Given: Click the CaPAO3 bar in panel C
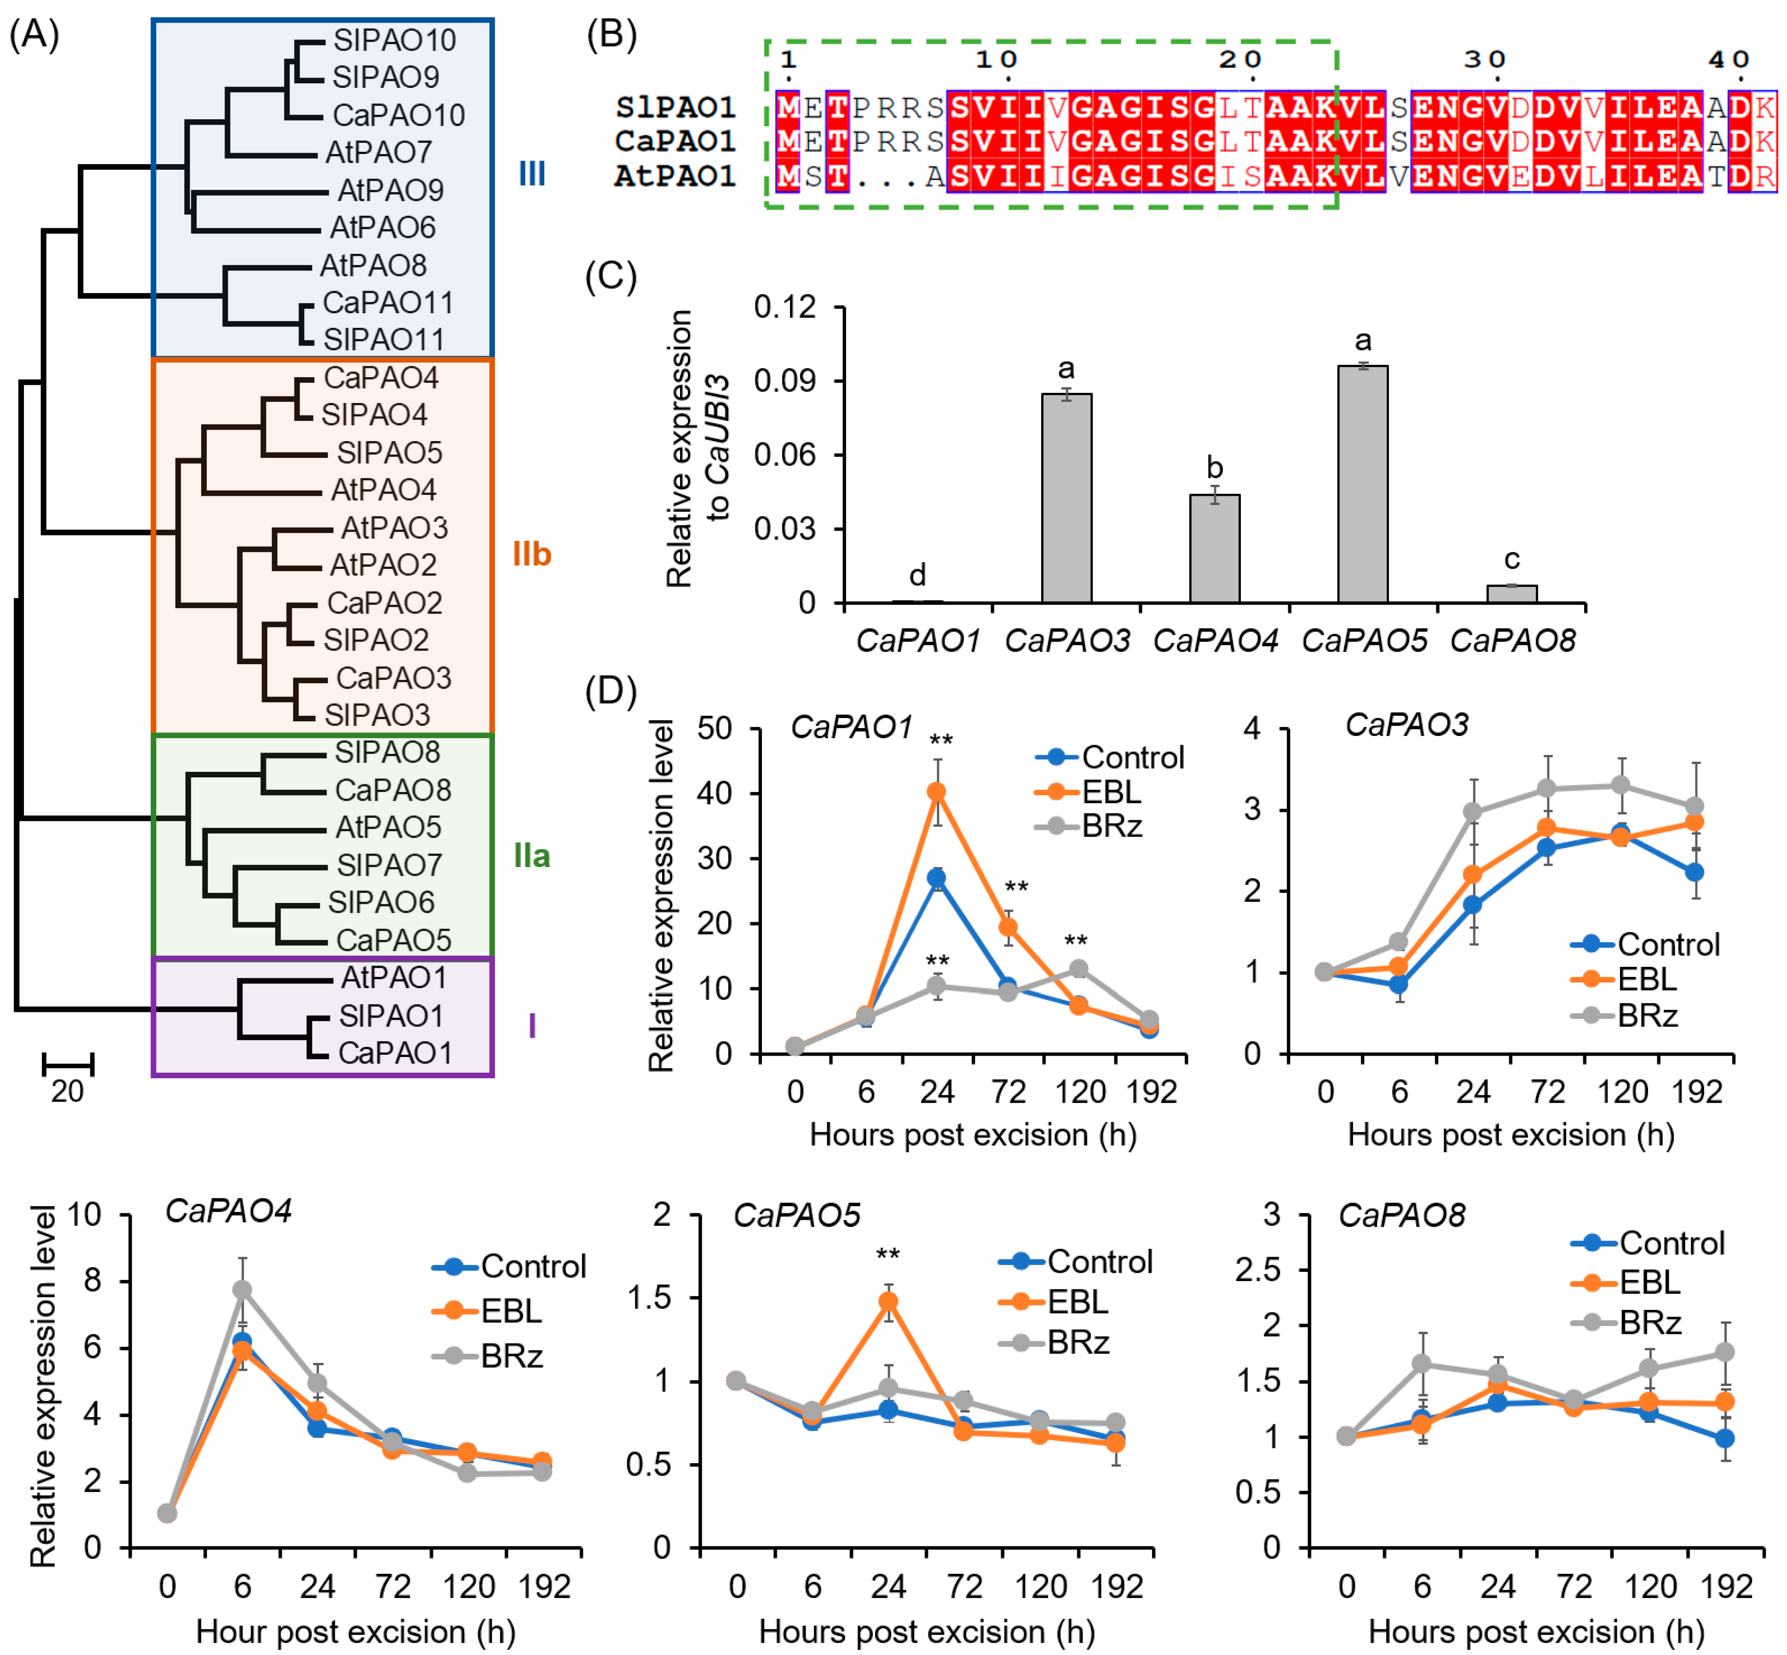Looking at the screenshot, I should point(1066,498).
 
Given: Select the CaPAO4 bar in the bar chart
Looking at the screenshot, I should point(1215,548).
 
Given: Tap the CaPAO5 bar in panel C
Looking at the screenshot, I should point(1362,483).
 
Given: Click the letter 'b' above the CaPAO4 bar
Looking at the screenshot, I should point(1215,467).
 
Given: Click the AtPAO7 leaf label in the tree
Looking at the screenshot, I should point(378,152).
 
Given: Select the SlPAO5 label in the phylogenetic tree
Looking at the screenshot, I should point(389,452).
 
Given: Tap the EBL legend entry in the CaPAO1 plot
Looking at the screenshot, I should point(1111,792).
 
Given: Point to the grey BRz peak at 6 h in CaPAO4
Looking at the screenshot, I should point(242,1290).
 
